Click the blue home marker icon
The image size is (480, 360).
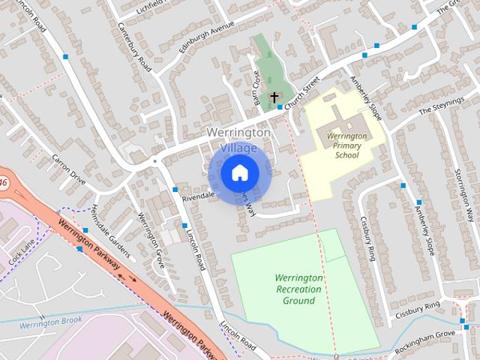click(239, 173)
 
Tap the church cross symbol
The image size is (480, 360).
click(274, 97)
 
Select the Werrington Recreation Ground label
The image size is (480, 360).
click(298, 289)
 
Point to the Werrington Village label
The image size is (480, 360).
click(238, 139)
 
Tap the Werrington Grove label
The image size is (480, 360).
click(151, 241)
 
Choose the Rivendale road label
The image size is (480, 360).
click(198, 195)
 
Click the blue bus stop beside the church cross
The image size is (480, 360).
click(280, 107)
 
